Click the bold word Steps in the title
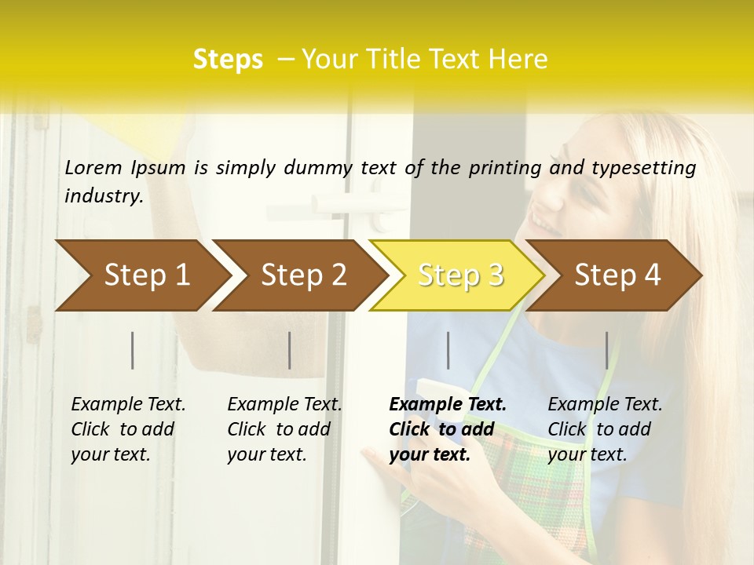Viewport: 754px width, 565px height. click(228, 59)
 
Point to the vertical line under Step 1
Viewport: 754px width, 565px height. click(133, 350)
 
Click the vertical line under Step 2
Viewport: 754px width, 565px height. click(290, 350)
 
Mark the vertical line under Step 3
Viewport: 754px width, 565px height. click(448, 350)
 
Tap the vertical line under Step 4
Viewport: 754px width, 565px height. click(606, 350)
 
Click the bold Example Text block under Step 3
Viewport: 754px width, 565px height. click(448, 429)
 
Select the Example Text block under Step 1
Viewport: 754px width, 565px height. click(128, 429)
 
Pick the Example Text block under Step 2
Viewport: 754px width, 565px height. click(284, 429)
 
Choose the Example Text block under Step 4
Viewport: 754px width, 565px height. click(605, 429)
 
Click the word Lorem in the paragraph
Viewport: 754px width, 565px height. click(93, 167)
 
